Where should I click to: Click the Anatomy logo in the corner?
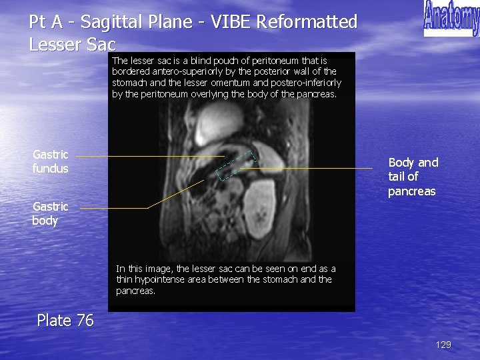tap(451, 19)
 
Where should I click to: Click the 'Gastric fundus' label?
tap(51, 161)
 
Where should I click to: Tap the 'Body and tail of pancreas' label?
tap(413, 177)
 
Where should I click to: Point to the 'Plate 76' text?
tap(65, 320)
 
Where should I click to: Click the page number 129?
tap(443, 345)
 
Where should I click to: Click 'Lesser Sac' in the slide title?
tap(73, 45)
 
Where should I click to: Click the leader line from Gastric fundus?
tap(147, 156)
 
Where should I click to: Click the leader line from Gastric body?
tap(113, 208)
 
